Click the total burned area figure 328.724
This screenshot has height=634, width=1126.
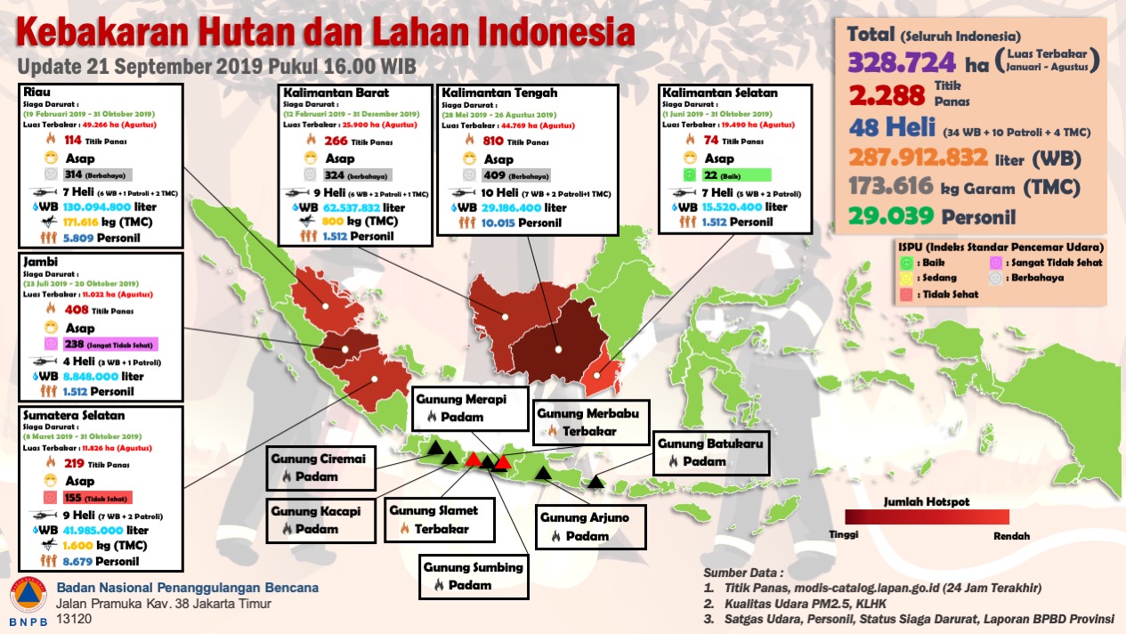tap(903, 62)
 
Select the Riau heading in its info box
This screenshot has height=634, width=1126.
tap(38, 91)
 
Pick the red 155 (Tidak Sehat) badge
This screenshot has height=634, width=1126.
tap(87, 498)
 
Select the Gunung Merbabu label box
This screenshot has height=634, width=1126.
tap(592, 422)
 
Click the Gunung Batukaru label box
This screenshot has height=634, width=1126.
tap(710, 452)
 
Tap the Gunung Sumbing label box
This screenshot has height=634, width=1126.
tap(473, 576)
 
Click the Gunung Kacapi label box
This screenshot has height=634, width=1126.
tap(316, 520)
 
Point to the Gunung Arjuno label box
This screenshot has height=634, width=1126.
tap(590, 526)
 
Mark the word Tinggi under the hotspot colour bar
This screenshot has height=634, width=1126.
tap(843, 536)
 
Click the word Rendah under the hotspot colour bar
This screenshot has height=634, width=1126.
tap(1011, 536)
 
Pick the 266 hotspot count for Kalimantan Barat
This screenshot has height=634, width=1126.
tap(336, 140)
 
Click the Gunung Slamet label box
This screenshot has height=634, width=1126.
tap(440, 519)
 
